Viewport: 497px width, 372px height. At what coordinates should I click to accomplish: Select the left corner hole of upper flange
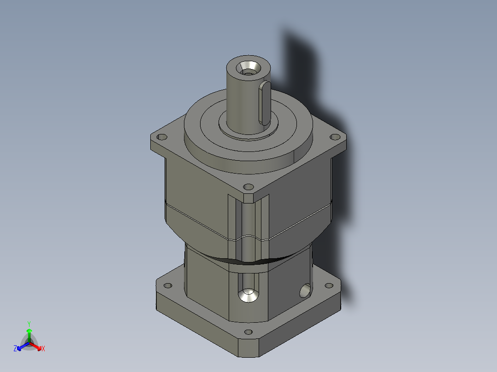(x=162, y=137)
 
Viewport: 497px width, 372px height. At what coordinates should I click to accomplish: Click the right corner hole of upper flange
(x=334, y=137)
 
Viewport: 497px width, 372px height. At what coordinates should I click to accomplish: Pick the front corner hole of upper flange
(x=248, y=187)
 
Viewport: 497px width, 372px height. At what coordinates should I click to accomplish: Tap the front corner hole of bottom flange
(x=248, y=332)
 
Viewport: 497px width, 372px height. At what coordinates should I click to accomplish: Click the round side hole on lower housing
(x=305, y=291)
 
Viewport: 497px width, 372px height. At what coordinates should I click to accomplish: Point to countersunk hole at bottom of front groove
(x=248, y=295)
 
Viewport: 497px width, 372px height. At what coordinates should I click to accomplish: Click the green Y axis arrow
(x=29, y=333)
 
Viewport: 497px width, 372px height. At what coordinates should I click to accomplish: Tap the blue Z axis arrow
(x=21, y=346)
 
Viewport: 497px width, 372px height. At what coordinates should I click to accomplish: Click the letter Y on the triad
(x=29, y=324)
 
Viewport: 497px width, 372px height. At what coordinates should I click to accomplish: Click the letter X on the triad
(x=43, y=349)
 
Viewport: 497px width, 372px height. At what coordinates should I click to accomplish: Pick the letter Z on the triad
(x=15, y=349)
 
